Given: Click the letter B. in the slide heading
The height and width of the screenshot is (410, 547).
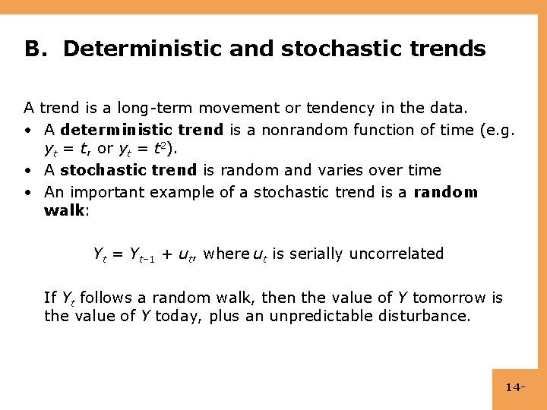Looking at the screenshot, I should [35, 49].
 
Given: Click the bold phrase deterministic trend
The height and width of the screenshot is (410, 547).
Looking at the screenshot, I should [141, 130].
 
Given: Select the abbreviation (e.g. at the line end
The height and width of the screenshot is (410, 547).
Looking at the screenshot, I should [498, 130].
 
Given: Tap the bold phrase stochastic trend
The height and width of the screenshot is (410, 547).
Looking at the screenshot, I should [128, 170].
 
